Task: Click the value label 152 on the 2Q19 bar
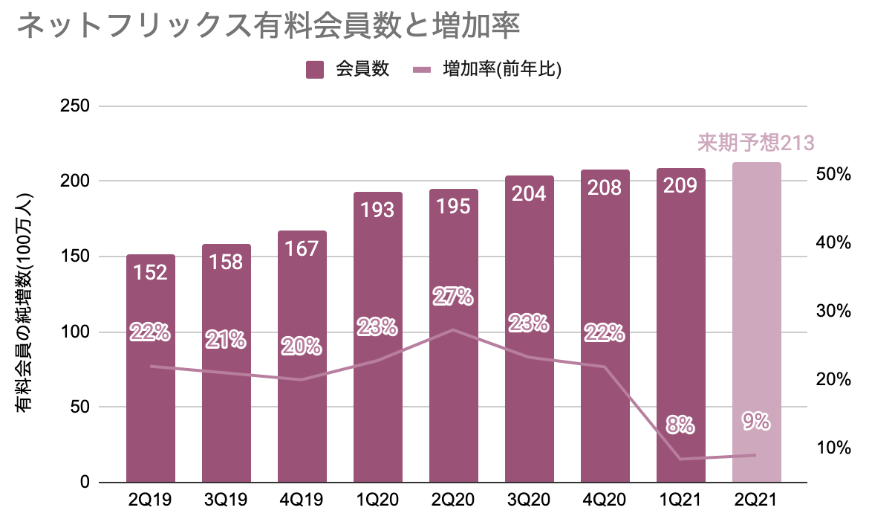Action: pos(150,273)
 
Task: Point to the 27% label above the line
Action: pos(453,297)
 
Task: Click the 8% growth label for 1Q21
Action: pos(680,425)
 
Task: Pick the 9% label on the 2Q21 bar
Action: pos(756,422)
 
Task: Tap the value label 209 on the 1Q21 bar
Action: pos(680,186)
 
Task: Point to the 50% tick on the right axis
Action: pos(832,175)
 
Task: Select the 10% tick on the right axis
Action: pos(832,448)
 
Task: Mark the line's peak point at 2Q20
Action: pos(453,329)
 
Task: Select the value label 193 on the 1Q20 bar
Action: pos(377,210)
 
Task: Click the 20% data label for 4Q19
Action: pos(302,346)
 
